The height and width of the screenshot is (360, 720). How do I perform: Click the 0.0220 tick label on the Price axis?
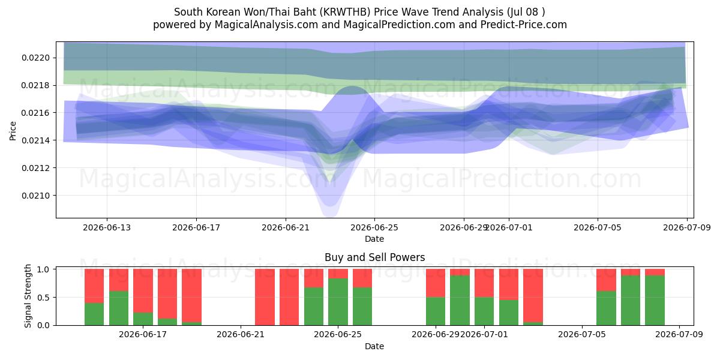pyautogui.click(x=35, y=58)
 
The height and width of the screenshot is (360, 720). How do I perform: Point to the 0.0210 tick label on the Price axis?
pyautogui.click(x=35, y=196)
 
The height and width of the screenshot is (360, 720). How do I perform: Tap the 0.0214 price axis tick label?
pyautogui.click(x=35, y=140)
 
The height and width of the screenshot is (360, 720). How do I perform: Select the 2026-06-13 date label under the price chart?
pyautogui.click(x=107, y=227)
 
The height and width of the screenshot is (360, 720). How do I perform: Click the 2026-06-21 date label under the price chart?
pyautogui.click(x=286, y=227)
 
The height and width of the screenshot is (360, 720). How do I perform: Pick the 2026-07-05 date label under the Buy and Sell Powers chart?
pyautogui.click(x=582, y=334)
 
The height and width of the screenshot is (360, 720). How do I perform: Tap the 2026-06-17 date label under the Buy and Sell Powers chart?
pyautogui.click(x=143, y=334)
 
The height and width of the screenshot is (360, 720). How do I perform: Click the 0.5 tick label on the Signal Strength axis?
pyautogui.click(x=43, y=298)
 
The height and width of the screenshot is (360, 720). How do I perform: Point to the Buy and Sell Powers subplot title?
pyautogui.click(x=375, y=257)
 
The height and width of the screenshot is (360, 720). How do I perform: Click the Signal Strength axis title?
pyautogui.click(x=28, y=296)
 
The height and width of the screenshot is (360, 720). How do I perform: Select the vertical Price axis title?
pyautogui.click(x=13, y=131)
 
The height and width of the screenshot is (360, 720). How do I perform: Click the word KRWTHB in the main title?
pyautogui.click(x=346, y=12)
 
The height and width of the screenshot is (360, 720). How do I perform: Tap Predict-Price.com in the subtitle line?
pyautogui.click(x=524, y=25)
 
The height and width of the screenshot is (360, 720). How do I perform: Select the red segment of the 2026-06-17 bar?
pyautogui.click(x=143, y=290)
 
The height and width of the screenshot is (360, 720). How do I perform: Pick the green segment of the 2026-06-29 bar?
pyautogui.click(x=436, y=311)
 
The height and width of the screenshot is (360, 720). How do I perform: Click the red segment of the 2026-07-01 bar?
pyautogui.click(x=484, y=283)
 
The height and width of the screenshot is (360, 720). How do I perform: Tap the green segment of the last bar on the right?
pyautogui.click(x=655, y=300)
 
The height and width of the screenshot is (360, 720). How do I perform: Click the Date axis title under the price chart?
pyautogui.click(x=374, y=239)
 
